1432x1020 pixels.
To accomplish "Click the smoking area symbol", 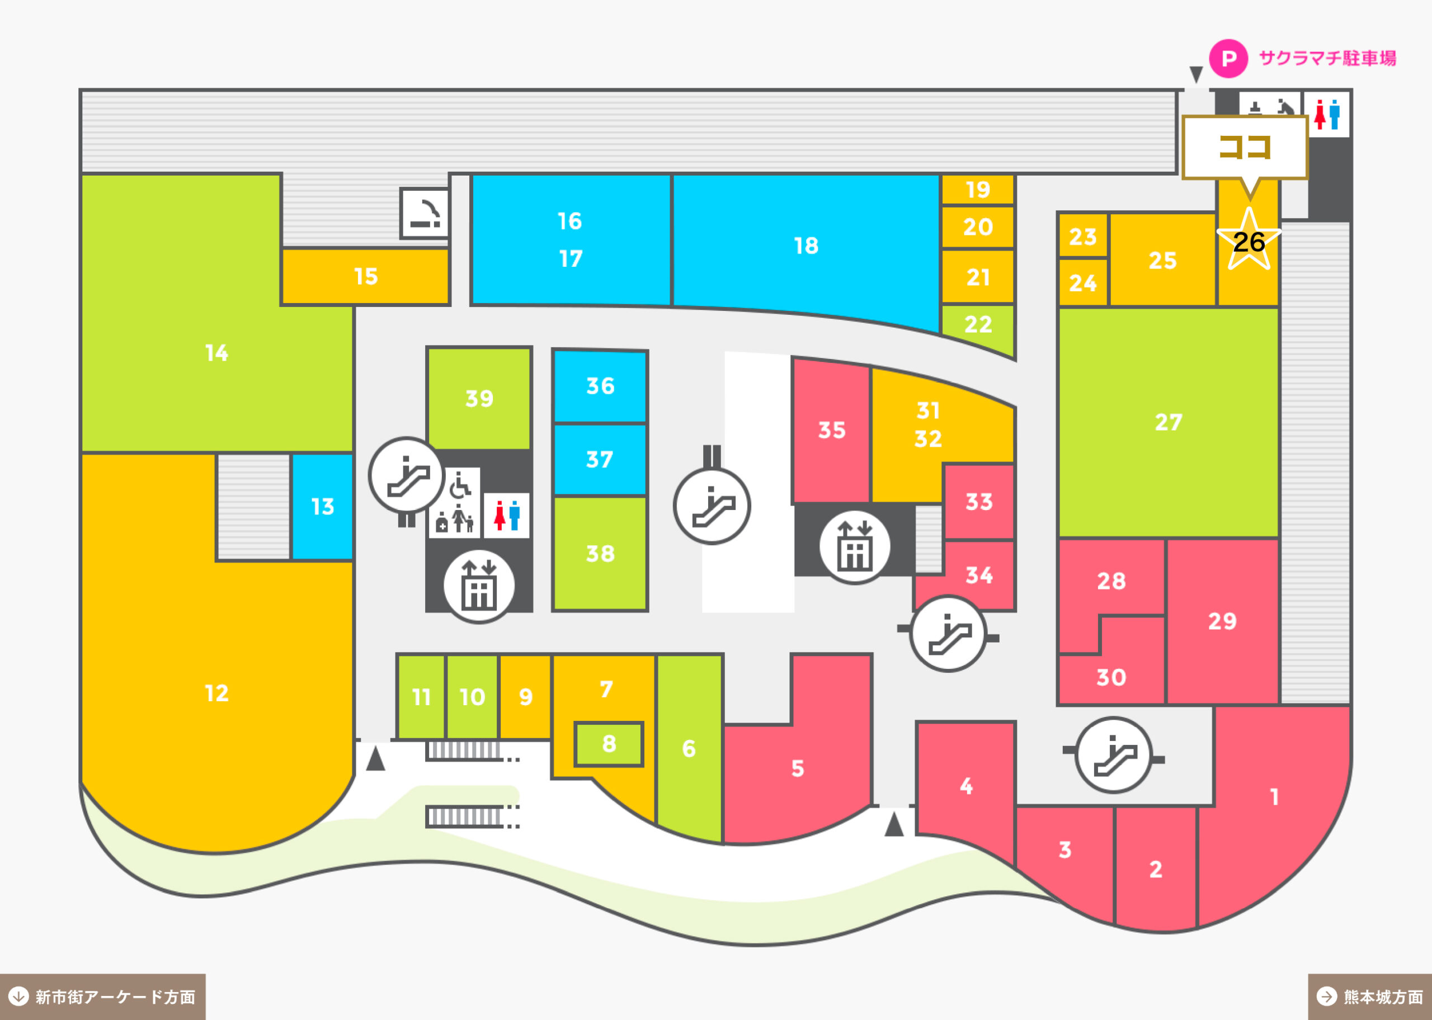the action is tap(425, 214).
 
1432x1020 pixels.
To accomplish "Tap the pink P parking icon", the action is tap(1228, 58).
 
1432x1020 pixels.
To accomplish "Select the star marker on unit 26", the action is tap(1249, 240).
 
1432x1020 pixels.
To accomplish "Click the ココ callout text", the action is tap(1245, 148).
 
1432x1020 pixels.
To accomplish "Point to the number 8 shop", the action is tap(609, 744).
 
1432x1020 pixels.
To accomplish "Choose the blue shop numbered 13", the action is tap(322, 506).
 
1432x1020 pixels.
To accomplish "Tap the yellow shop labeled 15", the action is tap(365, 276).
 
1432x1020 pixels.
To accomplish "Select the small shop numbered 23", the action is tap(1083, 236).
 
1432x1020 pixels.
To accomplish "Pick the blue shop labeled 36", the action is tap(600, 386).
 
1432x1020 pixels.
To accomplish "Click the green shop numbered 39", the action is tap(479, 398).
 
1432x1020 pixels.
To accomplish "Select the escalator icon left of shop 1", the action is tap(1114, 755).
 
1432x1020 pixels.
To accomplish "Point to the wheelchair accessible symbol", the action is tap(460, 485).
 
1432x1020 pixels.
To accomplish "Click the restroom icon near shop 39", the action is tap(507, 515).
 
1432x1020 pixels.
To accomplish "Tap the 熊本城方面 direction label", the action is tap(1370, 997).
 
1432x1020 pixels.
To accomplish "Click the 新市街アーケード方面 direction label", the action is tap(102, 997).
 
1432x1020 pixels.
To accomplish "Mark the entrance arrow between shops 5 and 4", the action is tap(894, 824).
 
